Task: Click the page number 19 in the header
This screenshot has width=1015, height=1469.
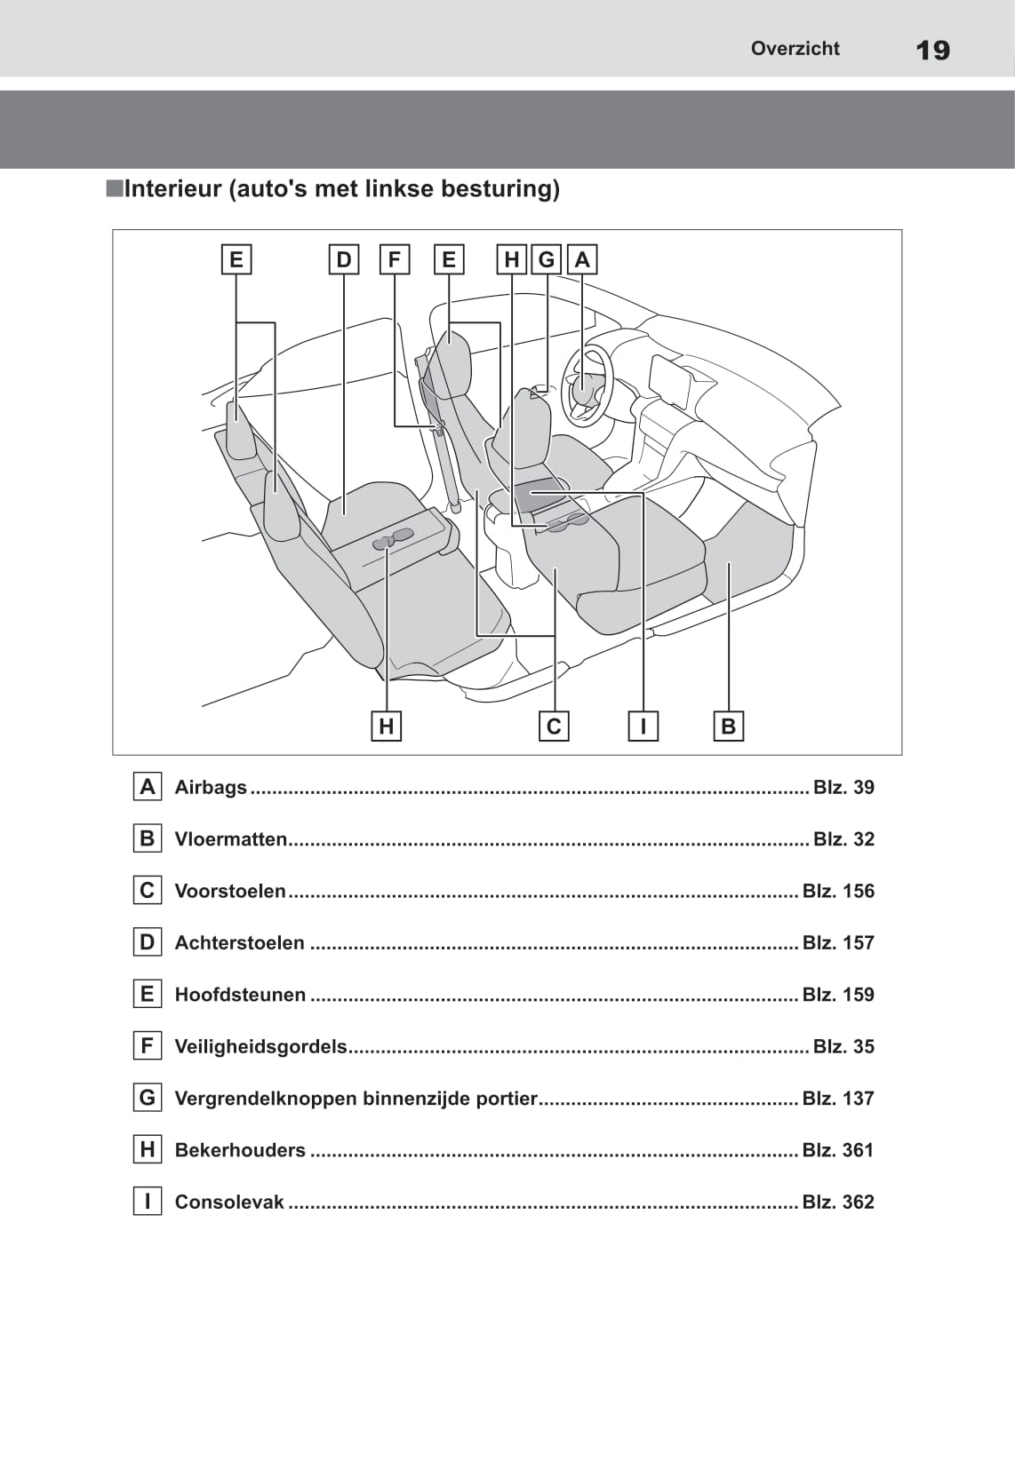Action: point(932,51)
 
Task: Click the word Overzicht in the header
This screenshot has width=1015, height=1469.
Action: point(795,49)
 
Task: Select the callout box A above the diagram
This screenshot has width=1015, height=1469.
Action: point(582,259)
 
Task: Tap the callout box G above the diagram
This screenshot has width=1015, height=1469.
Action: point(547,259)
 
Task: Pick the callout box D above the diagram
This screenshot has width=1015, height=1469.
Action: point(344,259)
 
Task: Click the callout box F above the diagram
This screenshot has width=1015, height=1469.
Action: point(394,259)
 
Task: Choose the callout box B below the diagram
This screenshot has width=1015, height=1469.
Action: point(728,727)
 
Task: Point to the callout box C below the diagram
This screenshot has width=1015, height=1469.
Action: point(554,727)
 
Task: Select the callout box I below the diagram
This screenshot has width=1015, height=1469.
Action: point(643,727)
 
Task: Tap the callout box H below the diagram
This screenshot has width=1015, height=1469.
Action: point(386,727)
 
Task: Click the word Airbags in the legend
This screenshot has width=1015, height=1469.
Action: point(211,787)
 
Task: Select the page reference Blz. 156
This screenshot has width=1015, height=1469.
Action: point(838,891)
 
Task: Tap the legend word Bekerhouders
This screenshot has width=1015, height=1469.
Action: point(240,1150)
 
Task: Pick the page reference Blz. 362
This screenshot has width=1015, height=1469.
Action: point(838,1202)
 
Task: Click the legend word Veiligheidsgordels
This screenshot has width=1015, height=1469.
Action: point(260,1046)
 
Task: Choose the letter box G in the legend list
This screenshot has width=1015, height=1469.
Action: point(148,1098)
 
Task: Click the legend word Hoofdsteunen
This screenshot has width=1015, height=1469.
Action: point(240,995)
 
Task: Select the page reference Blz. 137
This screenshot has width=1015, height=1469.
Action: point(838,1098)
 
